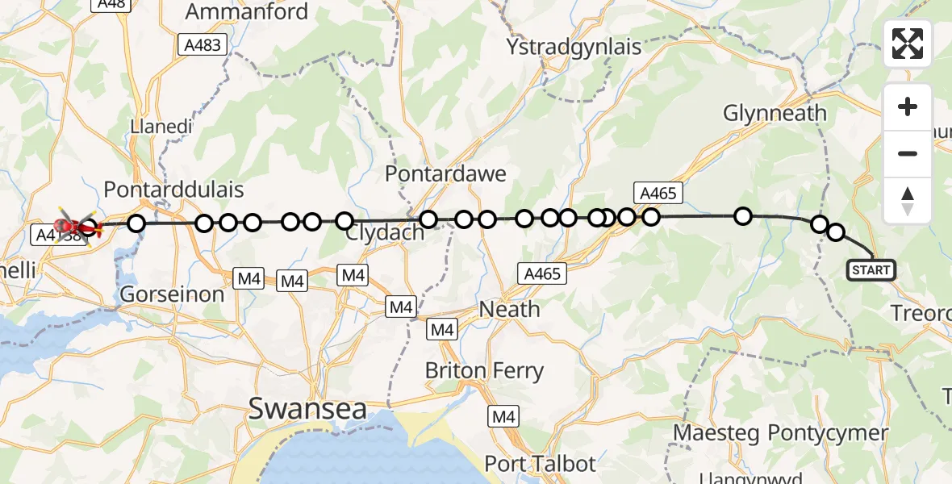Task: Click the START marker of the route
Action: (x=871, y=269)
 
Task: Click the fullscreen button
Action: (x=908, y=44)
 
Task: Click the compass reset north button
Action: (x=908, y=201)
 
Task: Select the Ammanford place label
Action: (x=247, y=11)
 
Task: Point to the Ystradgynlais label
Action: (x=574, y=47)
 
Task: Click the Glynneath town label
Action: (x=775, y=113)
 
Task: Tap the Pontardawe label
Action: (x=445, y=173)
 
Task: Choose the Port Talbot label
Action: (x=541, y=464)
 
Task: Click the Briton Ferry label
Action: (x=484, y=371)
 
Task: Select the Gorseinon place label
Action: (x=172, y=294)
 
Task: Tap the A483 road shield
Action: (x=202, y=45)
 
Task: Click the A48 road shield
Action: (x=111, y=3)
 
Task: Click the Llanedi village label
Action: (x=158, y=127)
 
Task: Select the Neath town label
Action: (x=510, y=309)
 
